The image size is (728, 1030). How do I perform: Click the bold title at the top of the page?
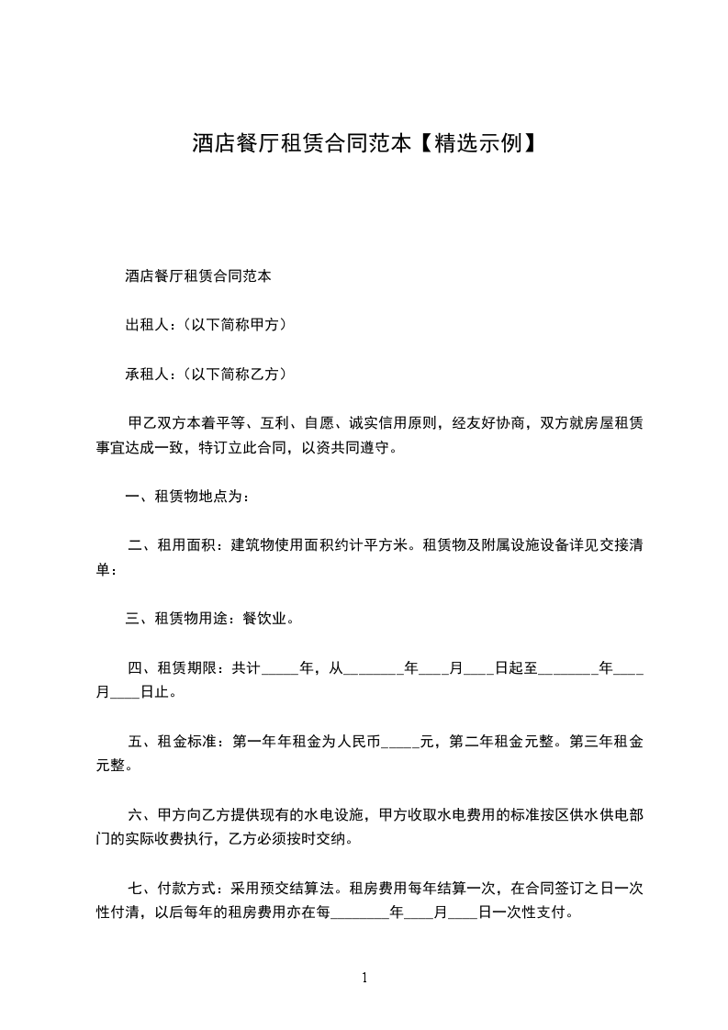pos(364,143)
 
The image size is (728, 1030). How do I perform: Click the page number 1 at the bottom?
pos(364,979)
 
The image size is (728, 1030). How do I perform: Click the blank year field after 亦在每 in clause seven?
pos(359,915)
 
